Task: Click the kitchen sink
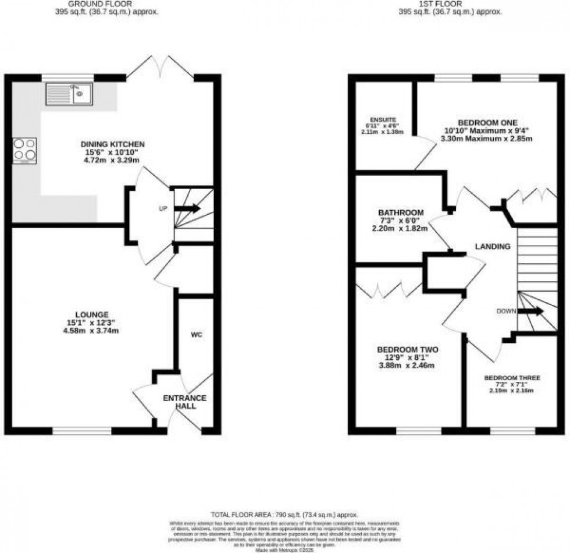pyautogui.click(x=69, y=94)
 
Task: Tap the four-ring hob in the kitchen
pyautogui.click(x=24, y=151)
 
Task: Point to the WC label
pyautogui.click(x=196, y=335)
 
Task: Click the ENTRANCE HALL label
pyautogui.click(x=184, y=402)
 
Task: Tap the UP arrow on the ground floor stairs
pyautogui.click(x=187, y=208)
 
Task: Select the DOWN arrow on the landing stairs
pyautogui.click(x=529, y=311)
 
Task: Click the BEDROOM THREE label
pyautogui.click(x=512, y=378)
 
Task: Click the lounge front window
pyautogui.click(x=82, y=431)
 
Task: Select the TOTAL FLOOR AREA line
pyautogui.click(x=284, y=515)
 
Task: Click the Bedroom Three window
pyautogui.click(x=512, y=431)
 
